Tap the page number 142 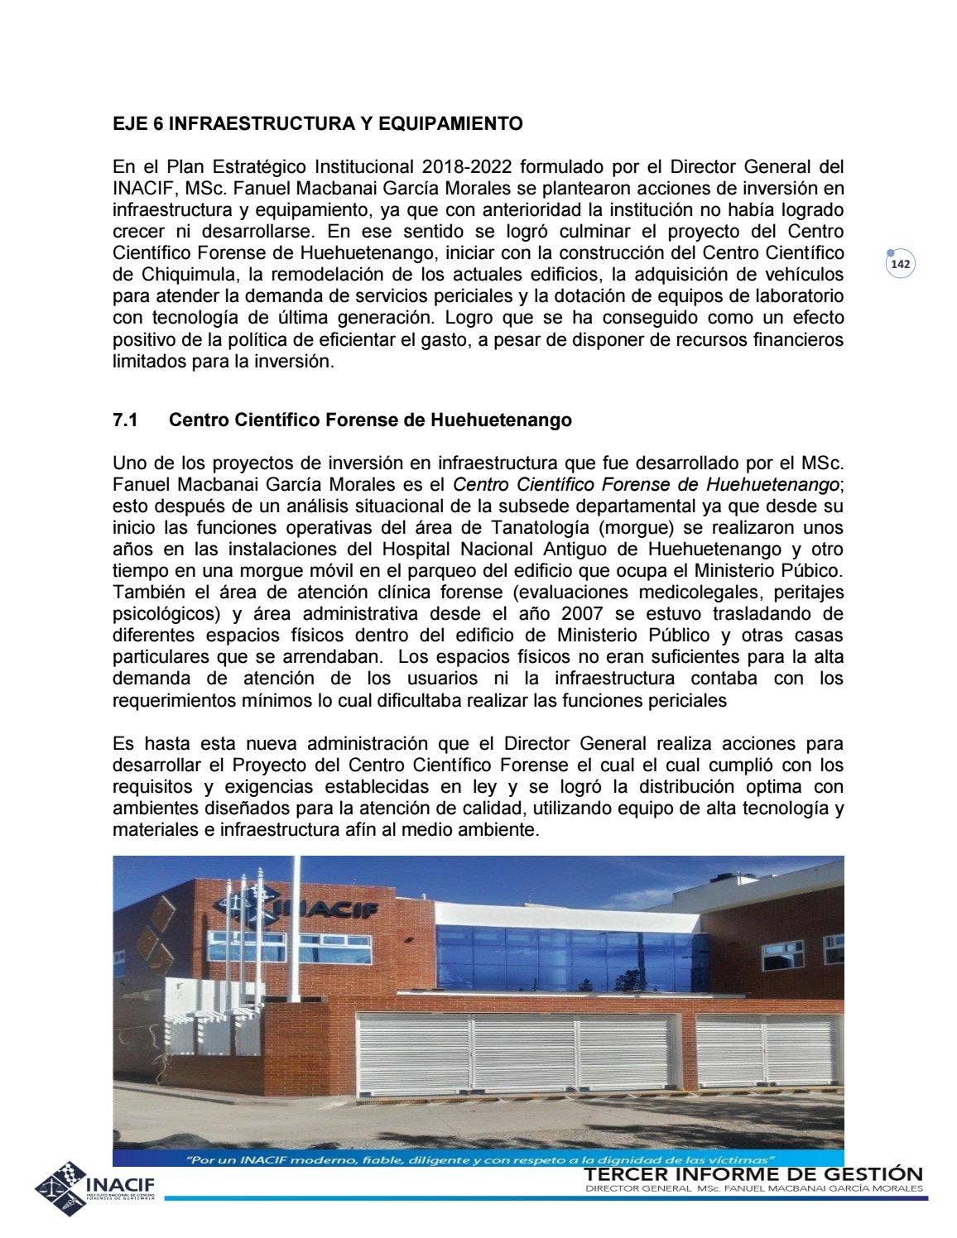click(x=900, y=265)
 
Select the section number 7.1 click(x=125, y=420)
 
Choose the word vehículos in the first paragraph click(x=802, y=275)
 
